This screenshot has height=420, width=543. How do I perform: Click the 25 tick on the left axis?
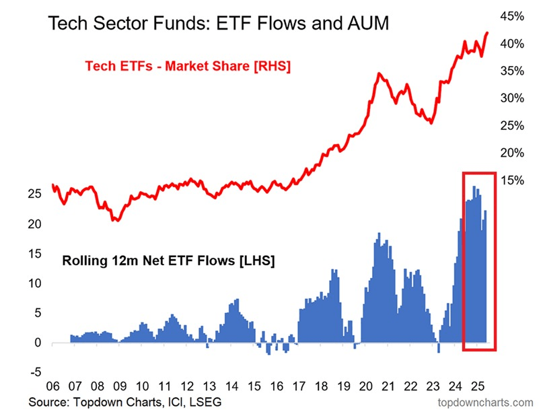(38, 194)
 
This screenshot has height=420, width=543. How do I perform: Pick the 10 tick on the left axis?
(38, 283)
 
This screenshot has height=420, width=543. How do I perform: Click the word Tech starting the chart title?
(69, 25)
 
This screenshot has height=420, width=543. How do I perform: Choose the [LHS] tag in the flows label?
(254, 260)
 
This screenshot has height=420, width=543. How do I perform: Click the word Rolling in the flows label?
(83, 260)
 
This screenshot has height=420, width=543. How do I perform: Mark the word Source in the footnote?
(49, 403)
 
